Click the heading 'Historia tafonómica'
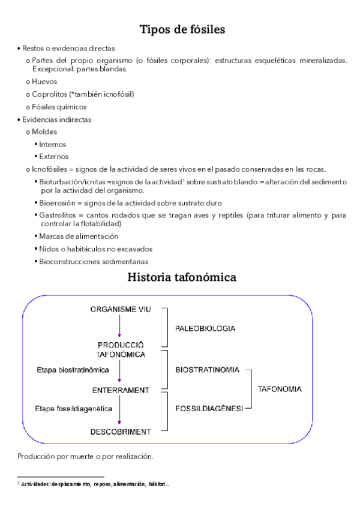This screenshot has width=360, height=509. [x=182, y=277]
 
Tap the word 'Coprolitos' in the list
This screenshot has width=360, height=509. [x=50, y=94]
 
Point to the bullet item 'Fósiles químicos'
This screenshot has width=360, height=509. [x=59, y=107]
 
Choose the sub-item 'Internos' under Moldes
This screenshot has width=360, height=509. [x=52, y=144]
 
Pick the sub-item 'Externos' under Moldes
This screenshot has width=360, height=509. [x=53, y=157]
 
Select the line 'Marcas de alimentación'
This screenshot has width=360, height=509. [x=78, y=236]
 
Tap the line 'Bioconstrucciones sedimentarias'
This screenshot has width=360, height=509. [x=93, y=261]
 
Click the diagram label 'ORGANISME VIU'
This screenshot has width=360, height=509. [x=120, y=309]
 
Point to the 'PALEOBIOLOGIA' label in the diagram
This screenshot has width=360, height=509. [x=205, y=329]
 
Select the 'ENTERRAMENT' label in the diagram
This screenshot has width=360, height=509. [x=120, y=390]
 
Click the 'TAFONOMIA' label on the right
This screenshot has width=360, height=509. [x=280, y=389]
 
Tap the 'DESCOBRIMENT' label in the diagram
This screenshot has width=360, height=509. [x=120, y=432]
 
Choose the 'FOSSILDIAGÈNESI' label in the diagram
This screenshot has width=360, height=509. [x=209, y=408]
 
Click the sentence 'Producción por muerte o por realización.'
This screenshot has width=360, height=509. [x=85, y=456]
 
